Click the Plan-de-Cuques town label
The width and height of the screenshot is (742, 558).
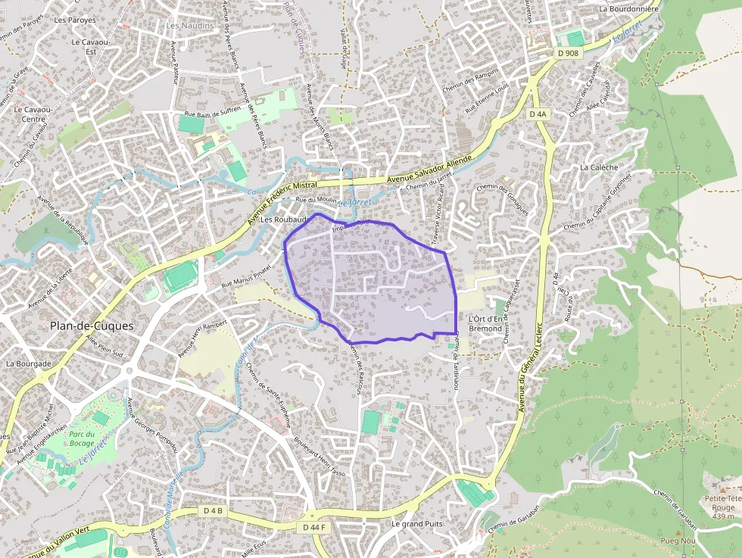coord(91,326)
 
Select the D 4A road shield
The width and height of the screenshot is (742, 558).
coord(537,114)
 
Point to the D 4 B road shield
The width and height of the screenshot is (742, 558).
coord(214,511)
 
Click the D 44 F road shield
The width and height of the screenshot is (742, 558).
coord(313,527)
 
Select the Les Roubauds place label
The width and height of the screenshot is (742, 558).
coord(282,220)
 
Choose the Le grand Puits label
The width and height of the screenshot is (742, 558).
coord(417,524)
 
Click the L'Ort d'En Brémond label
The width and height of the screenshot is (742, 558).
coord(485,323)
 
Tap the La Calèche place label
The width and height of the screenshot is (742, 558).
coord(599,167)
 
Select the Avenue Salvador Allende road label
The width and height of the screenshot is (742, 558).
coord(429,170)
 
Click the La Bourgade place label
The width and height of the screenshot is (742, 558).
coord(28,363)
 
